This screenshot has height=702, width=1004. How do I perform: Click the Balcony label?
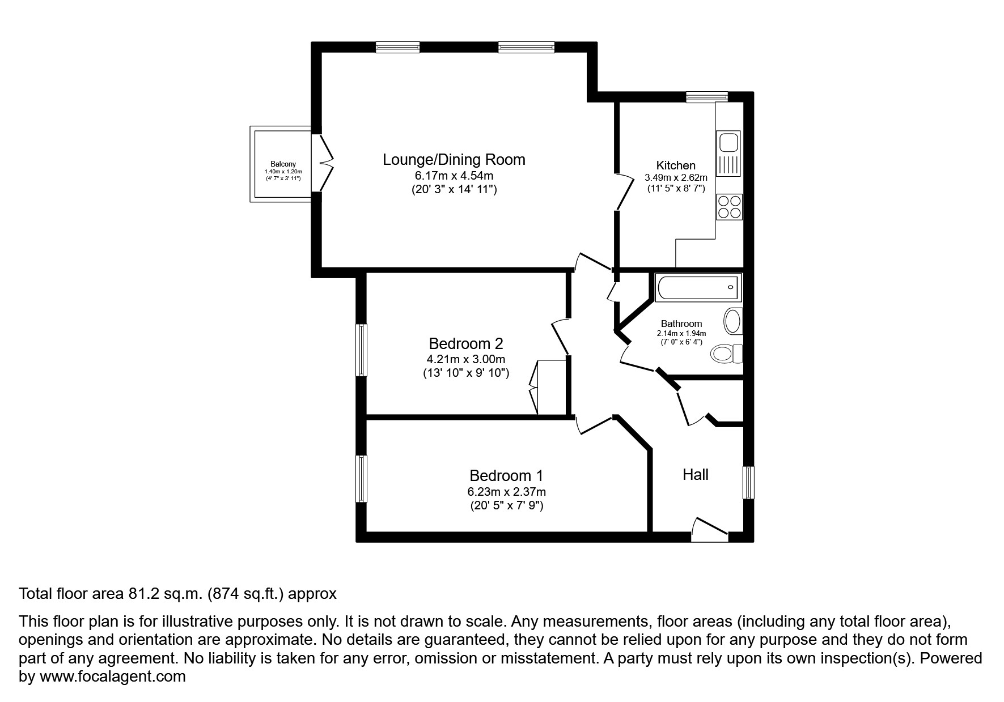tap(283, 164)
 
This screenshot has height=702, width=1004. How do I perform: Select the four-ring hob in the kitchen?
tap(729, 207)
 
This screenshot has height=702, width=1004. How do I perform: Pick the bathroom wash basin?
tap(732, 321)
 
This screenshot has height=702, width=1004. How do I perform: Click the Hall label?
tap(695, 475)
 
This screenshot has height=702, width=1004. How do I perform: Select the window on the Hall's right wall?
tap(749, 483)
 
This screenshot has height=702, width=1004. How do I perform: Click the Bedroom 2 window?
tap(361, 350)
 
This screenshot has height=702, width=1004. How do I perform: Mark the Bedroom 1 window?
tap(361, 479)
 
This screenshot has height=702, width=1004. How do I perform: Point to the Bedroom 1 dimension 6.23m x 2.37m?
tap(506, 492)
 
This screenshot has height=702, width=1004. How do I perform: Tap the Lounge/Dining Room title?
tap(454, 160)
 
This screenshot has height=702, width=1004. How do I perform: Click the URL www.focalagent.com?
tap(112, 677)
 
